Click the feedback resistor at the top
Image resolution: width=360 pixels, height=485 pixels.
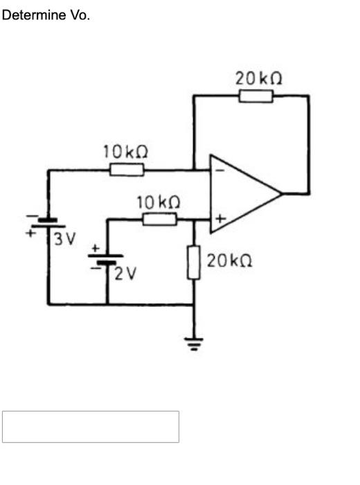tap(256, 96)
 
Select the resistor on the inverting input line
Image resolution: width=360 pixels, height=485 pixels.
tap(127, 169)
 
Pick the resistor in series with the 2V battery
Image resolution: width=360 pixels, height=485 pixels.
tap(160, 220)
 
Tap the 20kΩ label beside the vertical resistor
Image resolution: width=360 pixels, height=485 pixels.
tap(228, 261)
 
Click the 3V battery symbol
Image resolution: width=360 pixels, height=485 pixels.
tap(47, 222)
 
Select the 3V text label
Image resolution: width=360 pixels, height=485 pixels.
tap(65, 239)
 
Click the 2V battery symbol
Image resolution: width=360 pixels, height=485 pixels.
tap(106, 259)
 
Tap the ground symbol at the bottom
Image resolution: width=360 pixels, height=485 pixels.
tap(194, 342)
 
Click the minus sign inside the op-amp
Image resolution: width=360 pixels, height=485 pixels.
tap(218, 168)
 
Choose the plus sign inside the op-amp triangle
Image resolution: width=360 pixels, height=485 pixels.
tap(219, 220)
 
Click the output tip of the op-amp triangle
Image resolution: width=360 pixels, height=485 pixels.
tap(282, 193)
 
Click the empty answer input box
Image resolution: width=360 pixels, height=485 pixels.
tap(91, 427)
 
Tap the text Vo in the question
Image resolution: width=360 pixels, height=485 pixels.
tap(78, 15)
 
